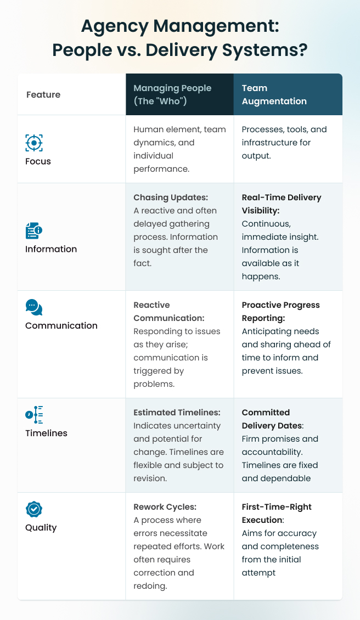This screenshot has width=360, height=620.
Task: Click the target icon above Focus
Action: click(34, 143)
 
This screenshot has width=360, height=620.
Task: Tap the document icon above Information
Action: click(34, 231)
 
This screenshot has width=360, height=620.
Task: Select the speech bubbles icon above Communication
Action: click(34, 307)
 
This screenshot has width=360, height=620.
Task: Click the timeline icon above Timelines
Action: click(34, 415)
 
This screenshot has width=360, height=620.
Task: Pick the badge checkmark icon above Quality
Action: click(34, 509)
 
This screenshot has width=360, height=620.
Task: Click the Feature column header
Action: click(43, 94)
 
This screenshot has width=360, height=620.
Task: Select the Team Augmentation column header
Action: click(274, 94)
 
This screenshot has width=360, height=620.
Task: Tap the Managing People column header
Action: click(172, 94)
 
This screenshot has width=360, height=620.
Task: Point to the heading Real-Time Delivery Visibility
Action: click(282, 204)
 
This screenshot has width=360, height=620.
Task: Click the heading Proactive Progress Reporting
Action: click(280, 311)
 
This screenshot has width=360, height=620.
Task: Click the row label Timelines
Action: click(46, 433)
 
